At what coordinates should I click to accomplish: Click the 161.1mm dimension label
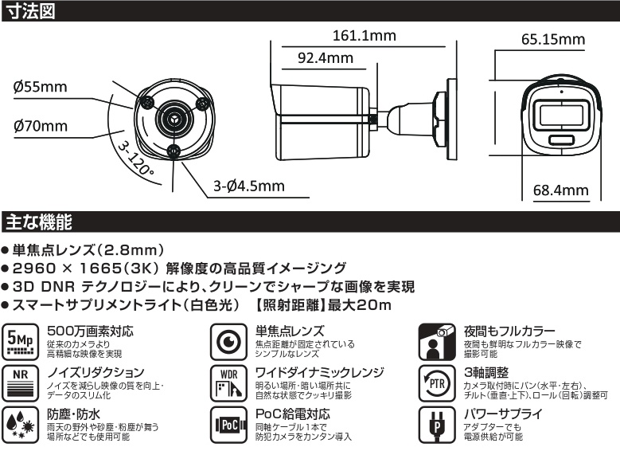tap(365, 36)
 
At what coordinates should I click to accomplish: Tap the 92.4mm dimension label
tap(326, 58)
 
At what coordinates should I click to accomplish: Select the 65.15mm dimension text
tap(553, 39)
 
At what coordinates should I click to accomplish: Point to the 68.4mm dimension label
tap(560, 190)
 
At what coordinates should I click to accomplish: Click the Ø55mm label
tap(40, 87)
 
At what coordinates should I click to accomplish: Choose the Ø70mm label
tap(41, 126)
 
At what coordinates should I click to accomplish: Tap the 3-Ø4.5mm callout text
tap(249, 186)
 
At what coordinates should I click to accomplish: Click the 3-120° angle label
tap(135, 159)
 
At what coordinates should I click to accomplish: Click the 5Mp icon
tap(20, 342)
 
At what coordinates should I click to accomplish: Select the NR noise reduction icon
tap(20, 383)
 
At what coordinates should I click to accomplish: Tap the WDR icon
tap(228, 383)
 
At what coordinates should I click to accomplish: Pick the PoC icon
tap(228, 425)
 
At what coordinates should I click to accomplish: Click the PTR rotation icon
tap(437, 383)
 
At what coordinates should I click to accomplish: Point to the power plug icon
tap(437, 425)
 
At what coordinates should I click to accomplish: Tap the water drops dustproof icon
tap(20, 425)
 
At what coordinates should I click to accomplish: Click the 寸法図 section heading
tap(31, 11)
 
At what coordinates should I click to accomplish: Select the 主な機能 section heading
tap(39, 222)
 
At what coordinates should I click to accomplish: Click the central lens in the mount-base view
tap(174, 118)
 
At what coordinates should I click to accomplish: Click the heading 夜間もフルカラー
tap(509, 331)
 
